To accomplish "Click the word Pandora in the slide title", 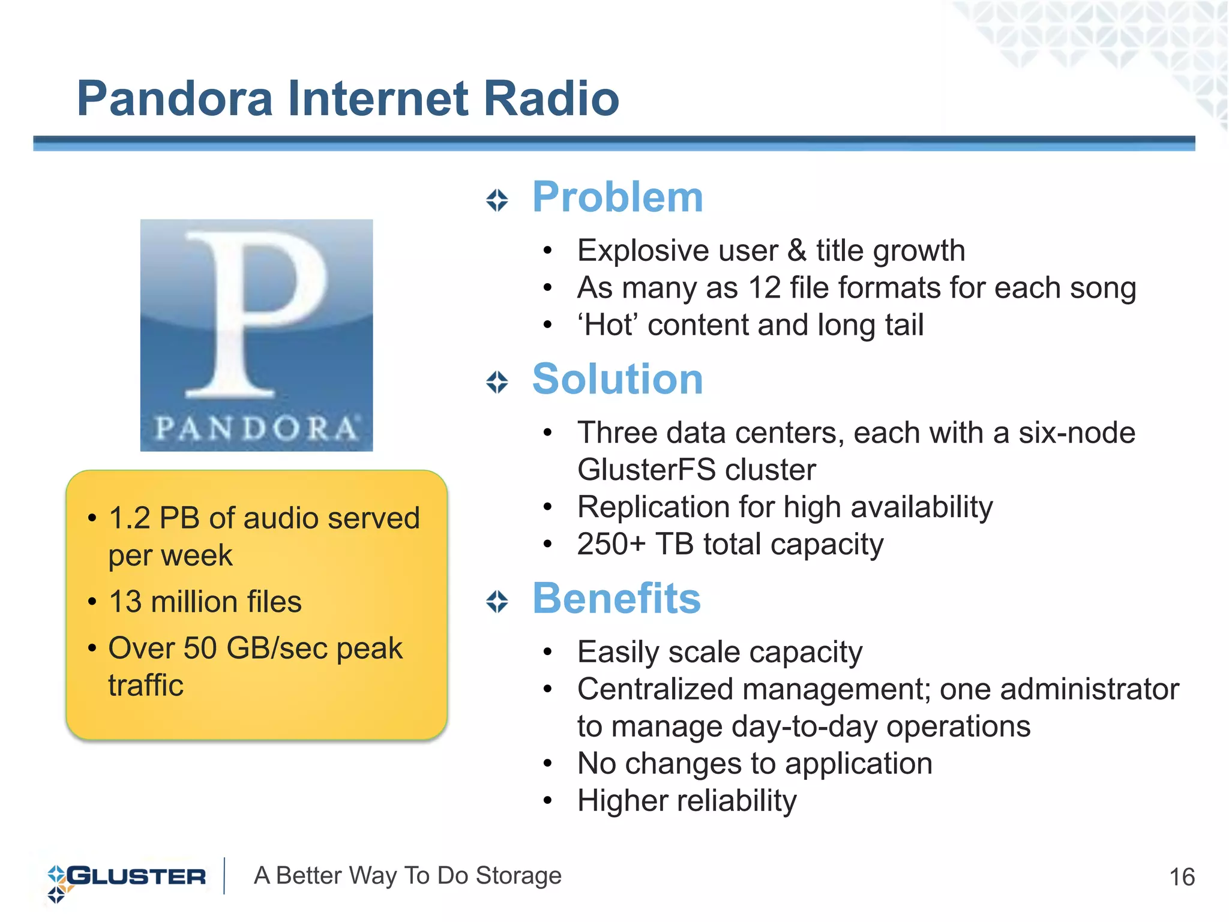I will [175, 99].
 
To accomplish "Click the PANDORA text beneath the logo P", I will [257, 428].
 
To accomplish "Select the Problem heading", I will [618, 197].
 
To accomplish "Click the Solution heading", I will [618, 380].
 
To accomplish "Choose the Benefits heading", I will [616, 599].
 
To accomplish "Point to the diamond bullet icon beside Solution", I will [497, 382].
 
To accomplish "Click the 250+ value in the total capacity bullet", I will [611, 545].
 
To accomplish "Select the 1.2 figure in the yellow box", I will [129, 518].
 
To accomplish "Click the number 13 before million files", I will [125, 602].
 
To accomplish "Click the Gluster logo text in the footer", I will [137, 876].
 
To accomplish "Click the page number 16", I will [1182, 878].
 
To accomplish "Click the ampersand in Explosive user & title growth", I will [796, 251].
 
